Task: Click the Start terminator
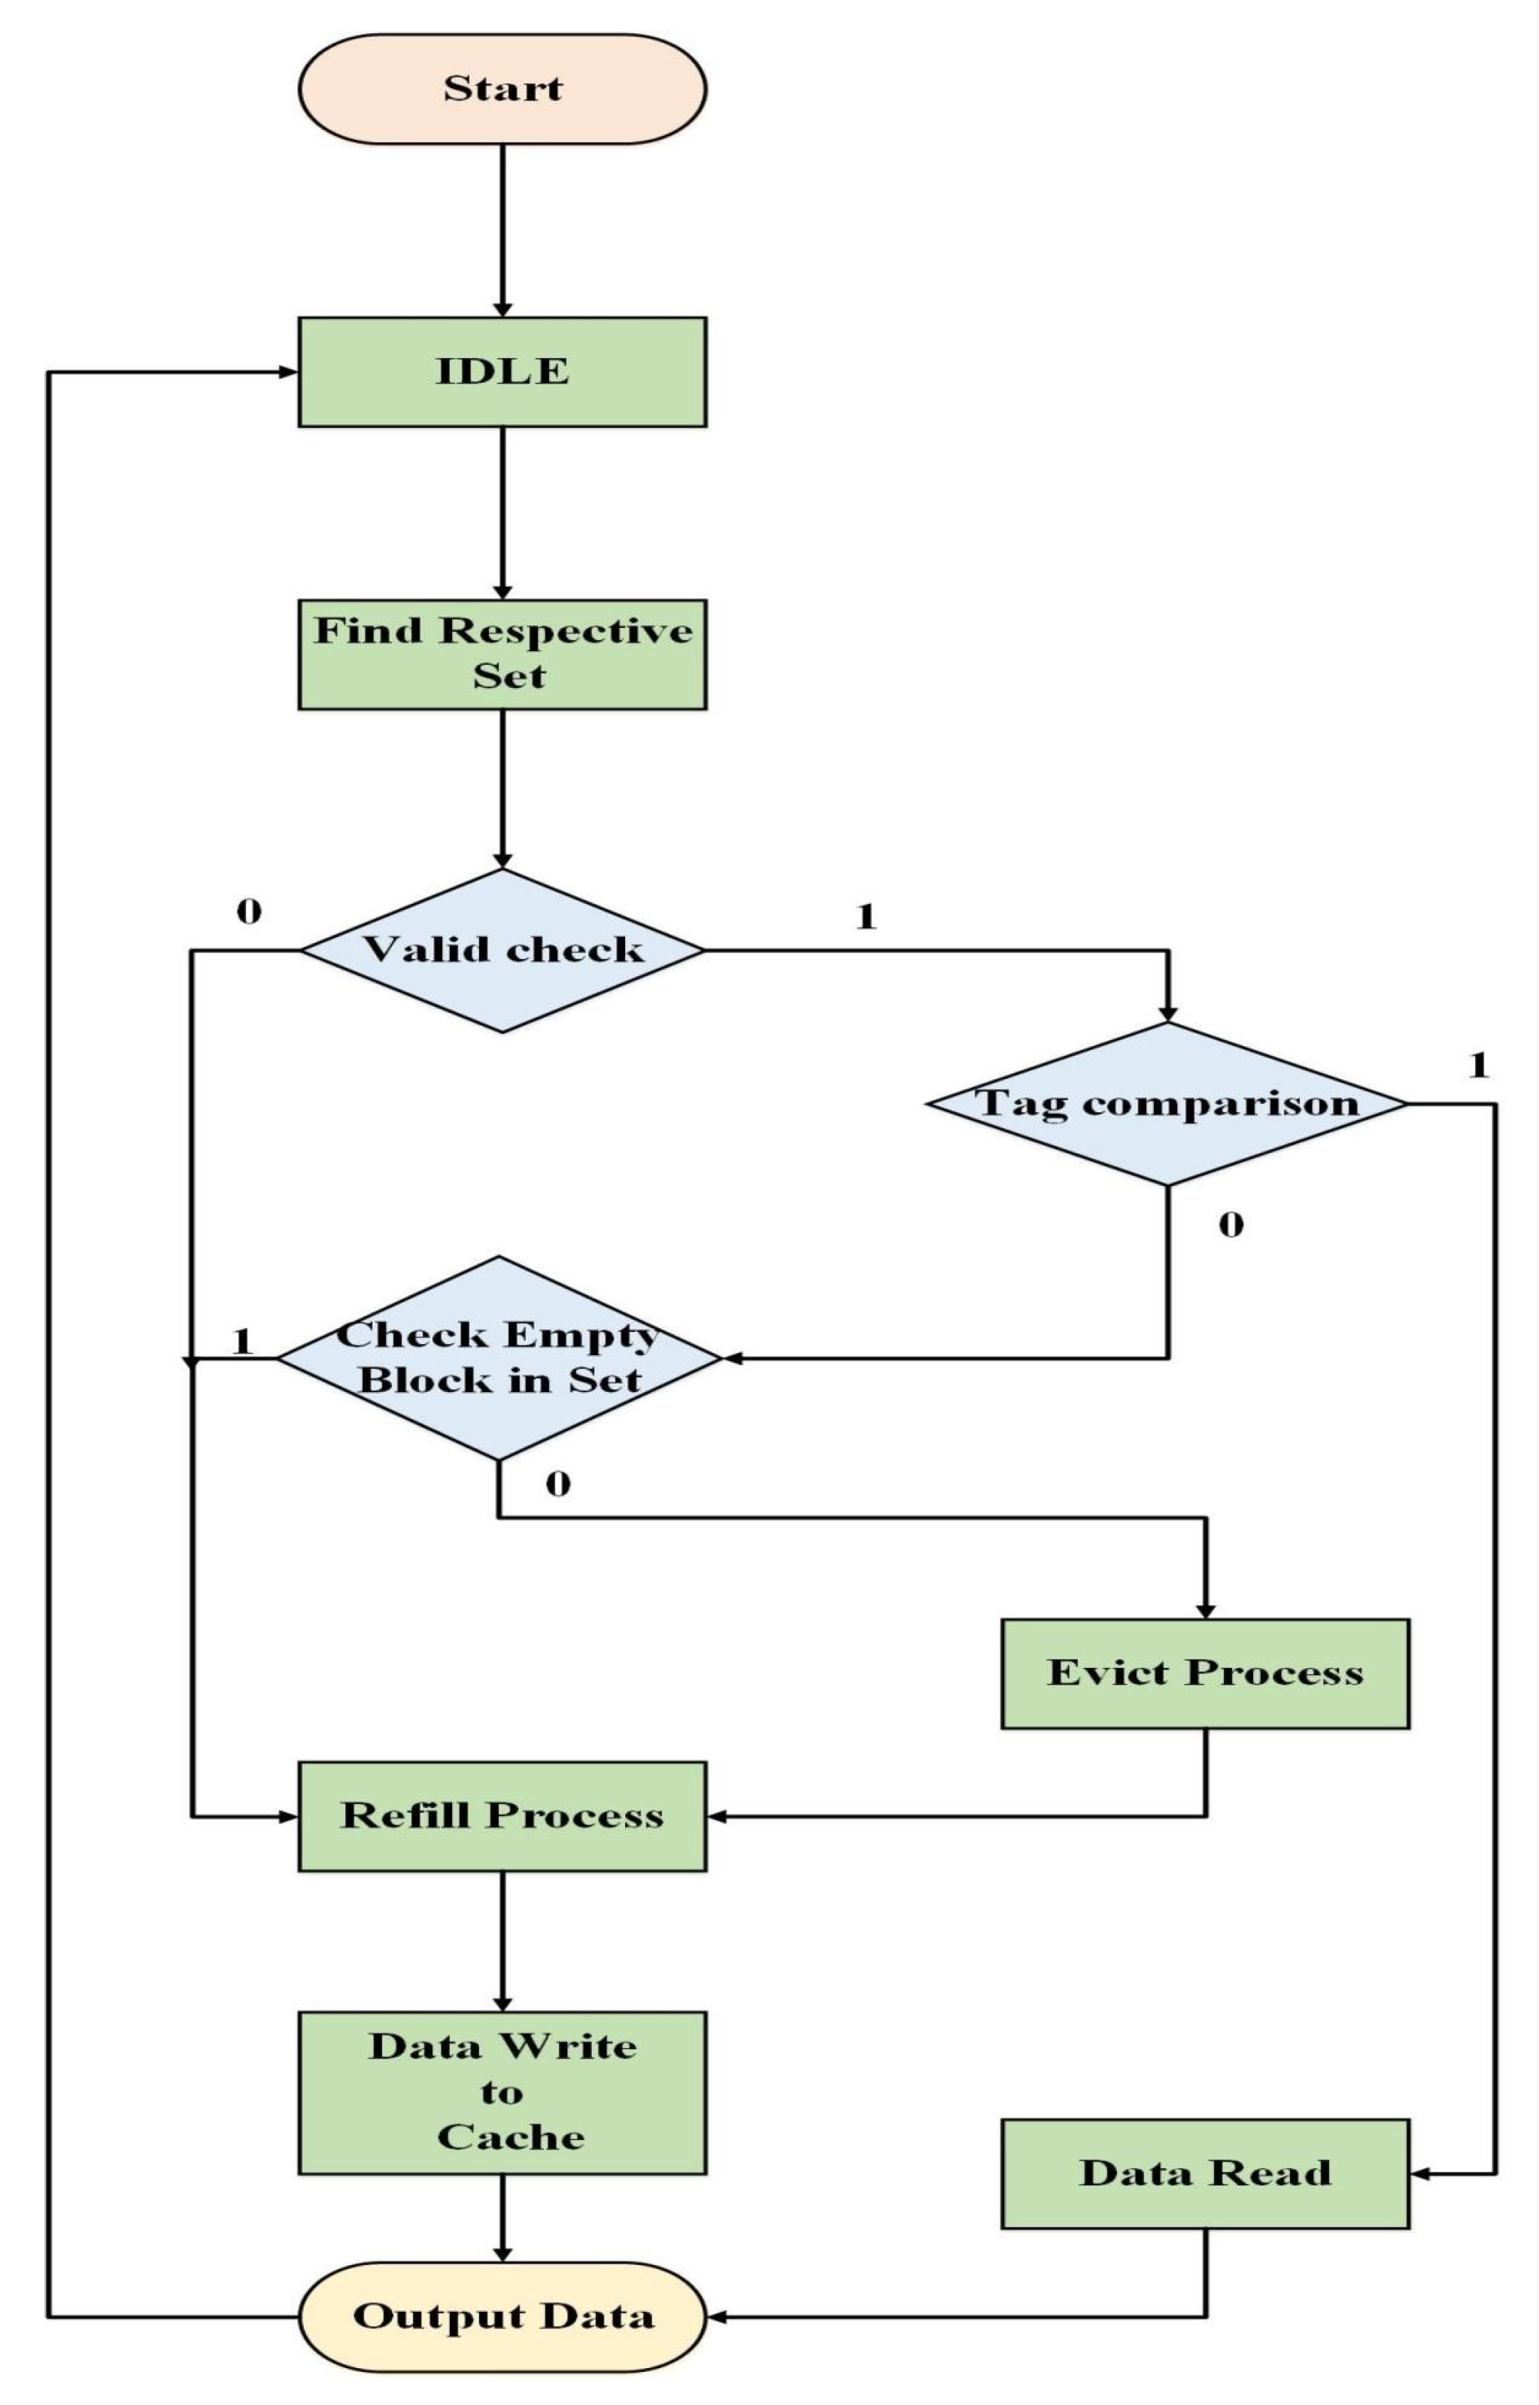[502, 89]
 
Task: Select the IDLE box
[502, 372]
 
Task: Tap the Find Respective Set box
[502, 654]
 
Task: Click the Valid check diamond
[502, 949]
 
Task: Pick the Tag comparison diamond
[1167, 1104]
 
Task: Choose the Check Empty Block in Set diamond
[499, 1358]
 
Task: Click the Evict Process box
[1205, 1673]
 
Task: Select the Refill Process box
[502, 1816]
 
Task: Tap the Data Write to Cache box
[502, 2092]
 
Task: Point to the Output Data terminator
[502, 2316]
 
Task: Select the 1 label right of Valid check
[867, 916]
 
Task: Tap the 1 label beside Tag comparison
[1479, 1066]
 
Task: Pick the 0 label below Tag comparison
[1231, 1225]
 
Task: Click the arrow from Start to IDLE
[502, 230]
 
